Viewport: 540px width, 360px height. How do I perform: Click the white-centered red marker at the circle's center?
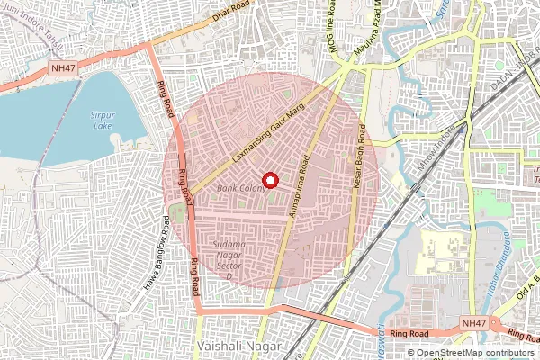[x=270, y=180]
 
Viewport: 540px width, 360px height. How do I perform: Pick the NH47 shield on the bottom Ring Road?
[x=473, y=322]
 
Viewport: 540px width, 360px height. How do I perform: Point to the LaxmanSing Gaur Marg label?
[x=270, y=144]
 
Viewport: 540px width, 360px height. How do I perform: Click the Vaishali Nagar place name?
[x=238, y=346]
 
